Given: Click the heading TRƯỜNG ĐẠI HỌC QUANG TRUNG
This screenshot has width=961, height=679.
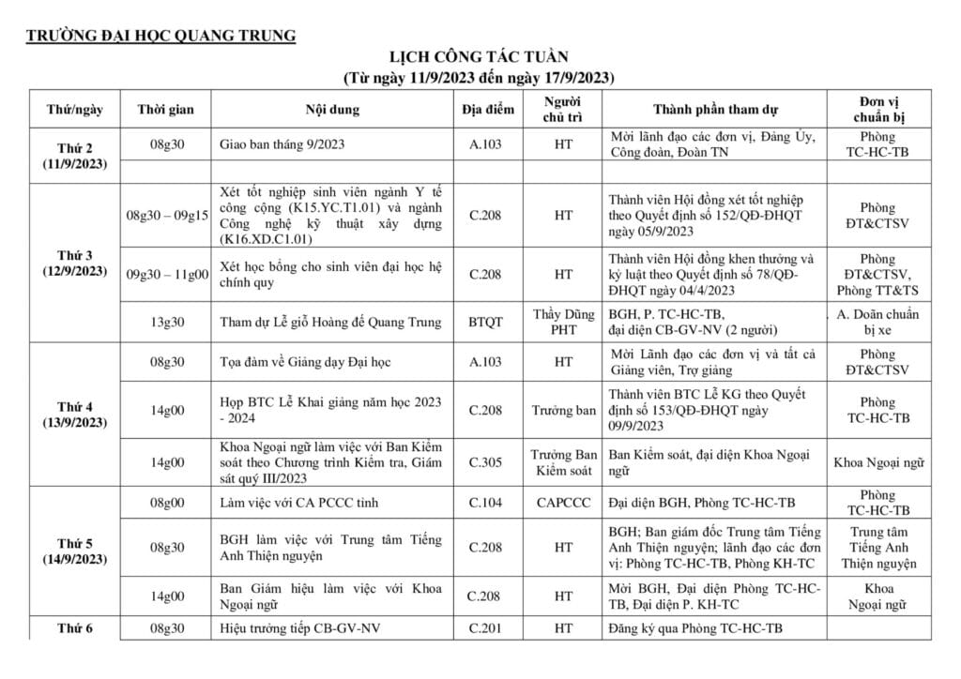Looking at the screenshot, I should click(x=160, y=37).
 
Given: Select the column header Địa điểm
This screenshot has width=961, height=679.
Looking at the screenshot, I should click(x=488, y=110).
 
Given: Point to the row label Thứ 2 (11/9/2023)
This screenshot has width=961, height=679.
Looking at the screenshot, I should click(x=75, y=156).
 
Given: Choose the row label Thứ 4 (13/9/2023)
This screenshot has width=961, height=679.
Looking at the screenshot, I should click(x=75, y=415).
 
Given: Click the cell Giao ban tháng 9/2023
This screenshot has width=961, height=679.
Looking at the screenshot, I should click(x=282, y=145).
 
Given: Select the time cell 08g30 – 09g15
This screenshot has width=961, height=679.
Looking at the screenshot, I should click(x=167, y=216).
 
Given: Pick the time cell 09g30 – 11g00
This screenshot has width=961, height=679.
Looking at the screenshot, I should click(x=167, y=274).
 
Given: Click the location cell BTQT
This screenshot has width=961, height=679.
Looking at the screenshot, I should click(x=485, y=322).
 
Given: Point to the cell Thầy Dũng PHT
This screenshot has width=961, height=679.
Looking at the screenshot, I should click(x=563, y=322).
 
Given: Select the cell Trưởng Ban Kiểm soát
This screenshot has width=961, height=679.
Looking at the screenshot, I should click(x=563, y=461).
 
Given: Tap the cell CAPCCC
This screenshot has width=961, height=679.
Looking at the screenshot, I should click(x=563, y=503).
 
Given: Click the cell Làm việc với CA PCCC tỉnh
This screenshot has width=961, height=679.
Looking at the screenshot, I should click(x=298, y=503).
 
